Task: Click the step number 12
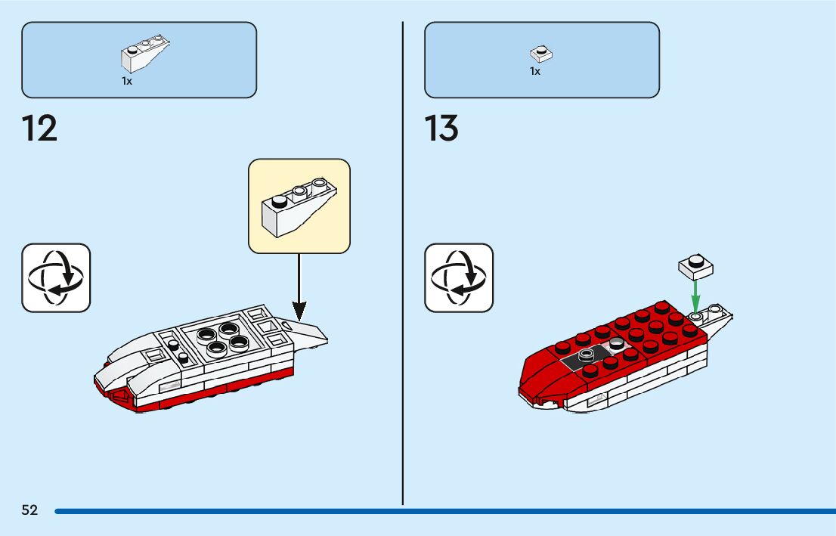click(x=39, y=129)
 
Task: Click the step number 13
click(x=441, y=129)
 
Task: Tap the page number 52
click(x=29, y=510)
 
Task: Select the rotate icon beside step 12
click(x=56, y=277)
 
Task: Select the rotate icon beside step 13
click(x=459, y=277)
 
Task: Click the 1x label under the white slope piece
click(x=127, y=81)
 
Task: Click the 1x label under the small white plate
click(x=535, y=71)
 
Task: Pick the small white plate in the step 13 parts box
click(x=540, y=54)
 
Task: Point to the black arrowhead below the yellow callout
click(x=299, y=311)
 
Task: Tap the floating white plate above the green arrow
click(x=696, y=266)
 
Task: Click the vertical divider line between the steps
click(x=403, y=265)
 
